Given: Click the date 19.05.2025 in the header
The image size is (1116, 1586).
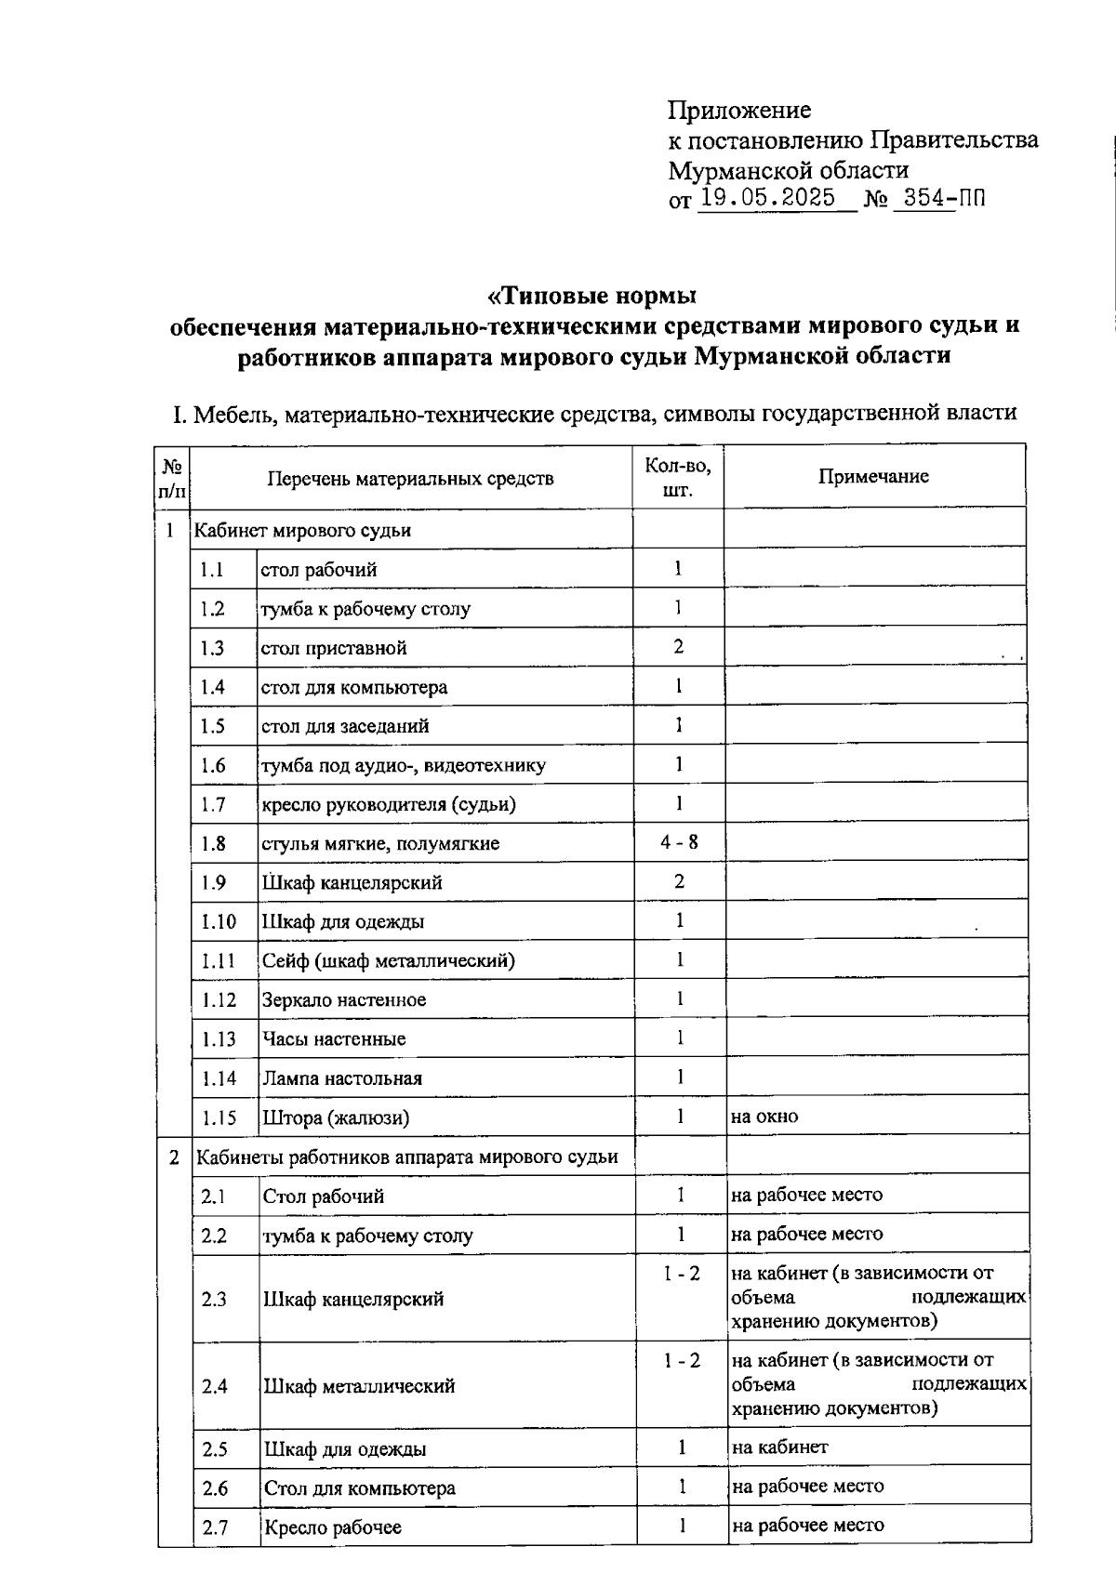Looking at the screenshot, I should [768, 197].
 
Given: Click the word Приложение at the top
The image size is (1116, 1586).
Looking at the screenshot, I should [739, 111].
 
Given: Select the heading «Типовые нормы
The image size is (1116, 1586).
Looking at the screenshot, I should [592, 296].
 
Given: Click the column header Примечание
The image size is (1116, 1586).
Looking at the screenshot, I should [873, 476].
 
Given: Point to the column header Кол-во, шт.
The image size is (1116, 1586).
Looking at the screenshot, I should [678, 477].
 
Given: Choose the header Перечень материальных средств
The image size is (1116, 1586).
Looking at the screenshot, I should [410, 478].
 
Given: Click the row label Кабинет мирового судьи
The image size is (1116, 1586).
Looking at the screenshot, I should [302, 531].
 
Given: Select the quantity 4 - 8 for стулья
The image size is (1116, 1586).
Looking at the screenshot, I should [679, 842].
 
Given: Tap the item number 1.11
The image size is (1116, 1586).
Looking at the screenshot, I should [219, 961].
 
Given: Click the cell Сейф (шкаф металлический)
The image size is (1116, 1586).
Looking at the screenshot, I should [388, 961].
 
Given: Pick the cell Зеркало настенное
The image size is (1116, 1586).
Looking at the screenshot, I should [344, 1000].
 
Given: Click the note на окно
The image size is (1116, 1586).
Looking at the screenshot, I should [764, 1117].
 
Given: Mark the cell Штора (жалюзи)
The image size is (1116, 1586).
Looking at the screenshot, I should [336, 1117].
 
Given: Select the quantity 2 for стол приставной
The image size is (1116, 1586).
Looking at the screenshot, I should [678, 646].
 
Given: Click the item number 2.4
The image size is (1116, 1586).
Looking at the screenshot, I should [215, 1386].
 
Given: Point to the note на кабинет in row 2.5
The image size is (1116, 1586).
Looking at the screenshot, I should [779, 1447].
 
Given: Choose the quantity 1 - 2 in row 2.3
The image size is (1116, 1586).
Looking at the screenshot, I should [682, 1274].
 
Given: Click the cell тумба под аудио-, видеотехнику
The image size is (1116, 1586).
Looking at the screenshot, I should [404, 765].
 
